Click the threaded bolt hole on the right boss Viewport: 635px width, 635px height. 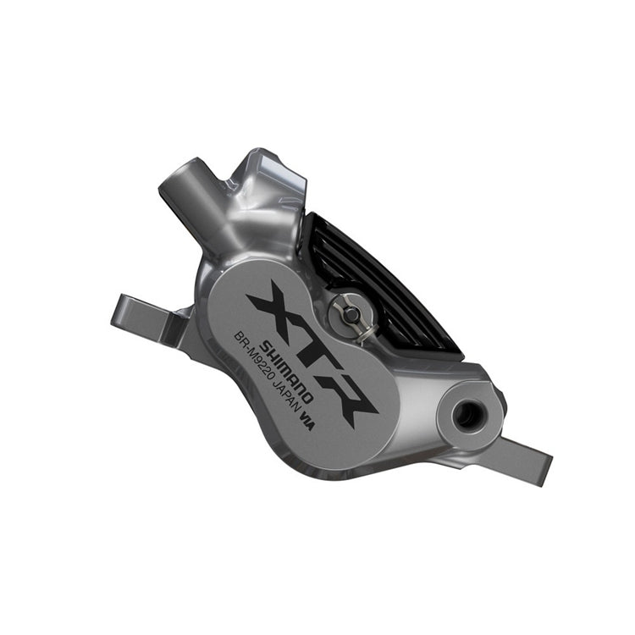pos(464,414)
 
